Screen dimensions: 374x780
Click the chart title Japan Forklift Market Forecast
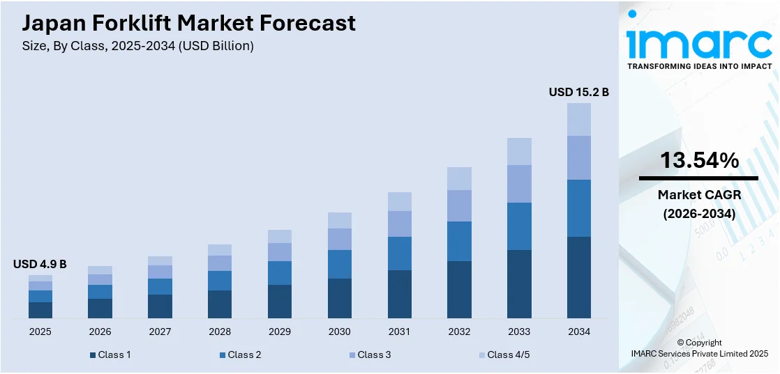[x=188, y=23]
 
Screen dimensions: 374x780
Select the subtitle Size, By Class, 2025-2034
[x=138, y=46]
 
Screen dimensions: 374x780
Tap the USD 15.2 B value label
[x=578, y=92]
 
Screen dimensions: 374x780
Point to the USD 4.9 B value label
[x=40, y=264]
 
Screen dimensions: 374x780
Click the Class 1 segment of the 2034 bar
[x=578, y=277]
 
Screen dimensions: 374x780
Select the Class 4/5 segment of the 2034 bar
[x=578, y=119]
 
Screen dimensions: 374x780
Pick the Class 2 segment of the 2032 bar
[x=459, y=241]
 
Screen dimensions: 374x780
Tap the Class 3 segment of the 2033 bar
[x=519, y=184]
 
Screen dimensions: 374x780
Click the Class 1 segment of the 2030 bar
[x=340, y=298]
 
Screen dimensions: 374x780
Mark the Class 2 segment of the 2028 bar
[x=220, y=281]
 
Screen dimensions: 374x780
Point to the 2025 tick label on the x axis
[x=40, y=332]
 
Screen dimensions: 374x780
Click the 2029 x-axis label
[x=280, y=332]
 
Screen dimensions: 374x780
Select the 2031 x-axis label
[x=399, y=332]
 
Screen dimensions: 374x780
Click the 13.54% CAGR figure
[x=699, y=161]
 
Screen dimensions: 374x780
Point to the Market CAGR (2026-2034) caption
[x=699, y=205]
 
